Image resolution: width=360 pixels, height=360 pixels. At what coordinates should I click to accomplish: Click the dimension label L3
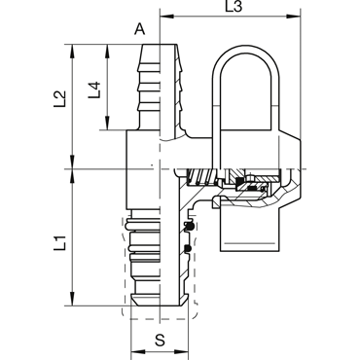click(x=234, y=6)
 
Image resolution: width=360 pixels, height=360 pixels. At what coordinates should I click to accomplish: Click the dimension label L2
click(x=60, y=99)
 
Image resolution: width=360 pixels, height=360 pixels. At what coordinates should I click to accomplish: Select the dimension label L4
click(x=94, y=90)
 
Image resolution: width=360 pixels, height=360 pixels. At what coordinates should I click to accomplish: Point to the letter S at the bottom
click(x=160, y=341)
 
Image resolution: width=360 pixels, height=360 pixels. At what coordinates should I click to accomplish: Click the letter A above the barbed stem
click(x=140, y=29)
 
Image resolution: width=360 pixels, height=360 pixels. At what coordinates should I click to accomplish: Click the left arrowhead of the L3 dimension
click(x=166, y=16)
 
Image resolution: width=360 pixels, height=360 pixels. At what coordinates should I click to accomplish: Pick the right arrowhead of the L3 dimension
click(x=294, y=16)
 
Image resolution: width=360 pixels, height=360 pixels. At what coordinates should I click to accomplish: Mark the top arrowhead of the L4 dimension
click(x=107, y=51)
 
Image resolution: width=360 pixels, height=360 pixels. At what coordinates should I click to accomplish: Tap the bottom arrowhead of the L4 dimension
click(x=107, y=124)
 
